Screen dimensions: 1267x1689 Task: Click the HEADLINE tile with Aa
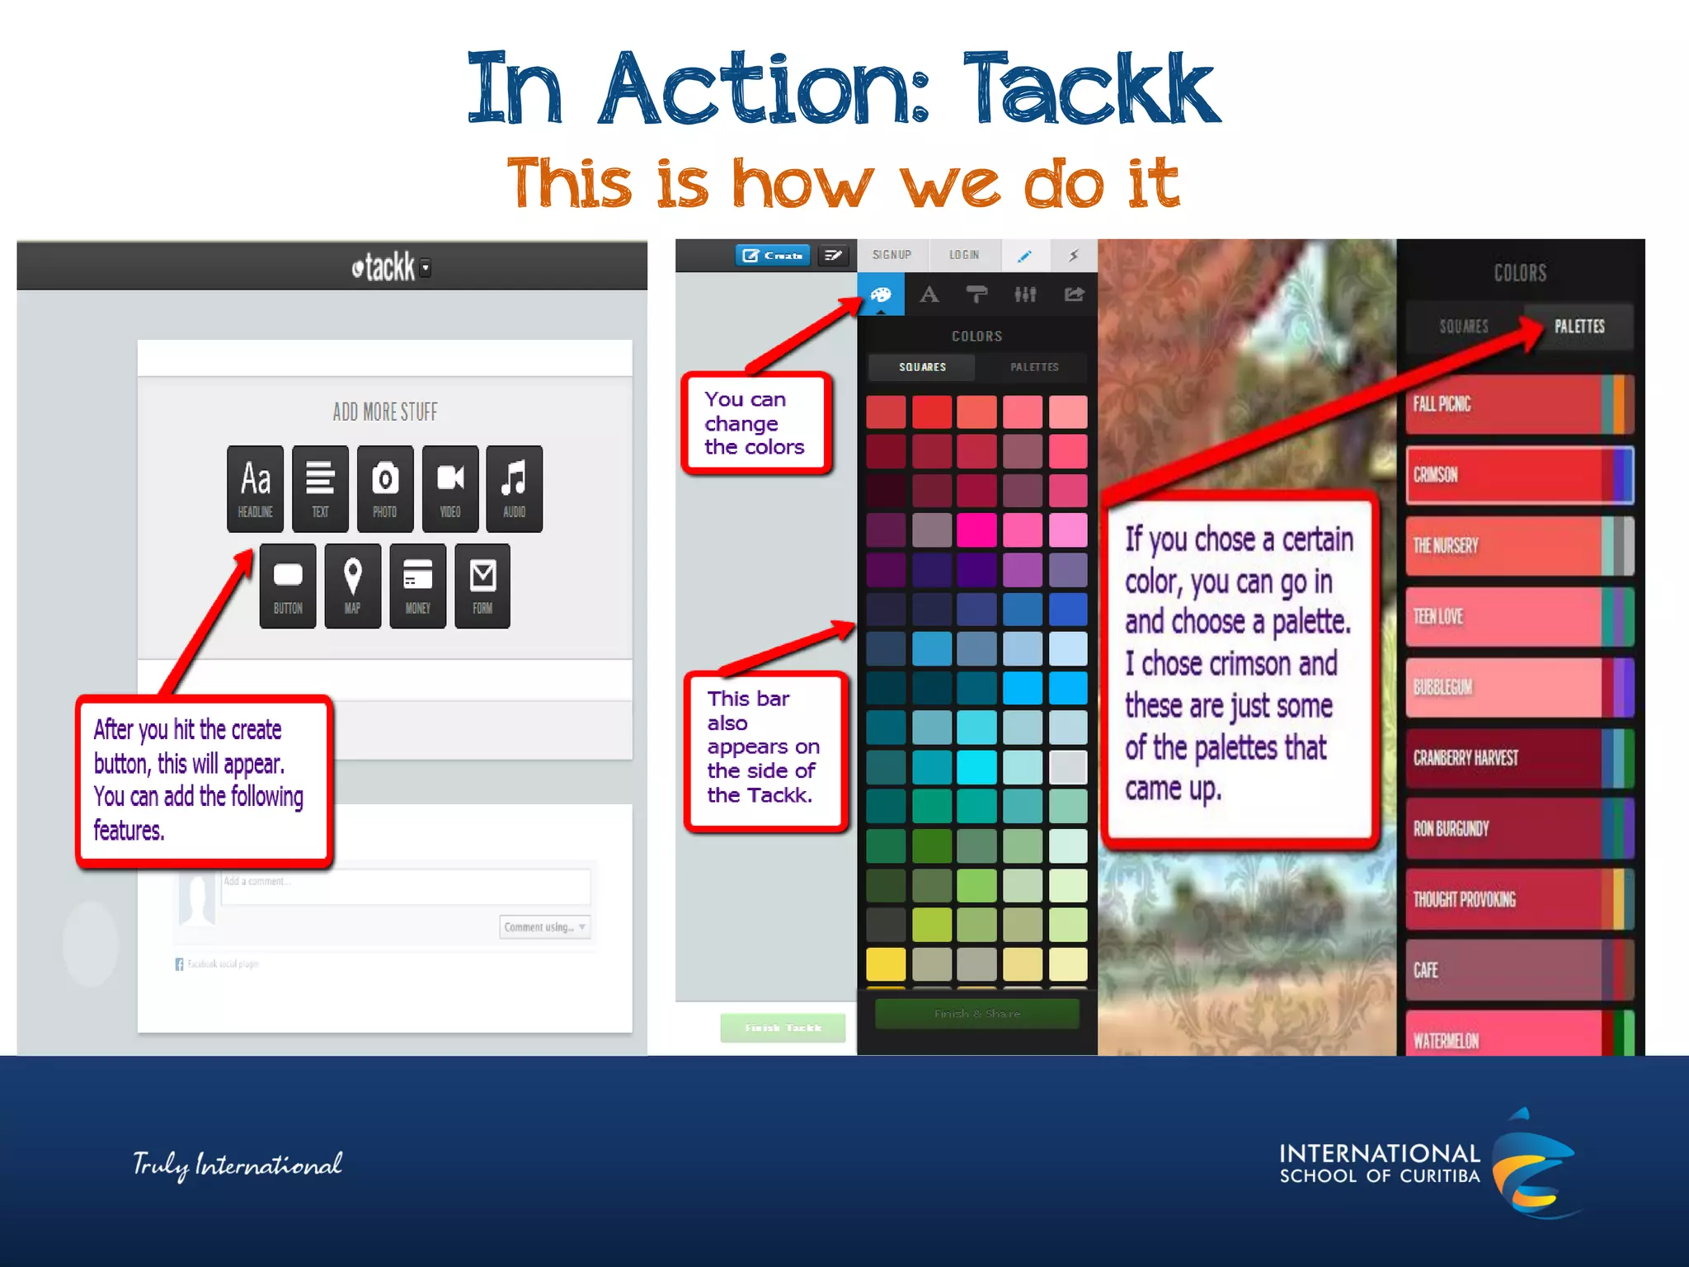[256, 488]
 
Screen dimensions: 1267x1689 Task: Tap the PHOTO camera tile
[385, 488]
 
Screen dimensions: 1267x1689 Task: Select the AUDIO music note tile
[515, 488]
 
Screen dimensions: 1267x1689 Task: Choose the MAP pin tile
[353, 586]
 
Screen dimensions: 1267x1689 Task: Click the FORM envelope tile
[482, 586]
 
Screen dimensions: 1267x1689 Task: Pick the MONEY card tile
[418, 586]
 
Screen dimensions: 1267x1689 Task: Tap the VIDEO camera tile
[450, 488]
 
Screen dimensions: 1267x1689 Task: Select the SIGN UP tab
[892, 255]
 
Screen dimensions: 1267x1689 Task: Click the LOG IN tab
[964, 255]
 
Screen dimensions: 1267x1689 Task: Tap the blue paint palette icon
[881, 294]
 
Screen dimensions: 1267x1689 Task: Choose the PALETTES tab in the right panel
[1578, 327]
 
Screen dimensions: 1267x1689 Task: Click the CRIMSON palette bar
[1519, 475]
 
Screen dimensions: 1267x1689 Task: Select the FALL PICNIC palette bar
[1519, 404]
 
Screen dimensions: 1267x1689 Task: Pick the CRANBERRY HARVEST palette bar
[1519, 758]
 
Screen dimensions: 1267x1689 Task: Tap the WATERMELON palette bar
[1519, 1038]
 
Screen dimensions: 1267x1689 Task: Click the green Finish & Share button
[977, 1014]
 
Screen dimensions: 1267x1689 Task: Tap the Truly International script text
[238, 1165]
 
